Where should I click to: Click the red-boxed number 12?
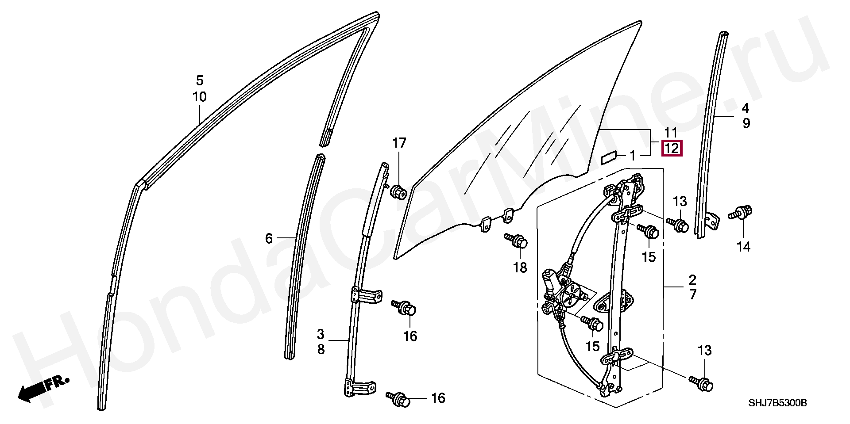pyautogui.click(x=671, y=148)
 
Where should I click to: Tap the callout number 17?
pyautogui.click(x=399, y=143)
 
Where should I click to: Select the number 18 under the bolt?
pyautogui.click(x=520, y=267)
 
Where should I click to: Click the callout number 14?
pyautogui.click(x=743, y=247)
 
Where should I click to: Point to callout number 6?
pyautogui.click(x=269, y=239)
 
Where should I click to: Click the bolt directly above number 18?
pyautogui.click(x=516, y=241)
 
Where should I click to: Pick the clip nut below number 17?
pyautogui.click(x=398, y=192)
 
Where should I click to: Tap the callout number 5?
pyautogui.click(x=200, y=80)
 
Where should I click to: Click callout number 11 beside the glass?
pyautogui.click(x=671, y=132)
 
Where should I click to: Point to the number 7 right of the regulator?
pyautogui.click(x=692, y=294)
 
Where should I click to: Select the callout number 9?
pyautogui.click(x=746, y=123)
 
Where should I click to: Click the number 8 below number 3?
pyautogui.click(x=321, y=349)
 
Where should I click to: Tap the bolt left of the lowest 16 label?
pyautogui.click(x=398, y=398)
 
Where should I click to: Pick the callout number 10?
pyautogui.click(x=200, y=97)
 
